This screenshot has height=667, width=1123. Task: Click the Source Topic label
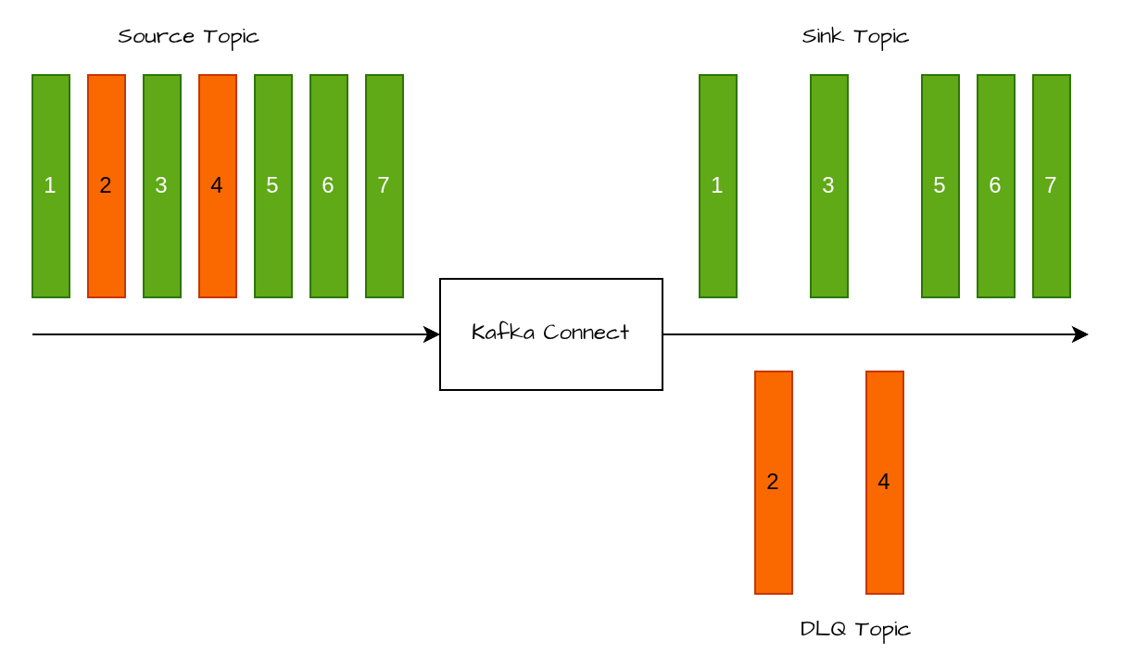tap(188, 37)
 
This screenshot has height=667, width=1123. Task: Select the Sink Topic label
tap(855, 37)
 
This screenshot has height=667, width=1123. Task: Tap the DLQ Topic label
tap(855, 629)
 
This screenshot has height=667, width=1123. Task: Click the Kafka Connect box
tap(551, 333)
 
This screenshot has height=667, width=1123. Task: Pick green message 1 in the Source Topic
tap(51, 185)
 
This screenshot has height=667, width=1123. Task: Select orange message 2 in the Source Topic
tap(107, 185)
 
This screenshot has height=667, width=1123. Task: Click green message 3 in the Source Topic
tap(162, 185)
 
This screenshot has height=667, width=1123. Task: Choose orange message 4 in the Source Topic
tap(218, 185)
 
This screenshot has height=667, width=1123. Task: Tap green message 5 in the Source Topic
tap(273, 185)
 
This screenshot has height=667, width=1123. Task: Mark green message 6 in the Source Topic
tap(329, 185)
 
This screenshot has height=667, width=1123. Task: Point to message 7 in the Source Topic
tap(385, 185)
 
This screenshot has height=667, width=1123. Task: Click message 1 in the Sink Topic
tap(718, 185)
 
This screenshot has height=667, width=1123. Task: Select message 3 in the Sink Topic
tap(829, 185)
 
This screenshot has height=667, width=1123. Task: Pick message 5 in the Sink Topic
tap(940, 185)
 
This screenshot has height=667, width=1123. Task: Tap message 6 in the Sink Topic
tap(996, 185)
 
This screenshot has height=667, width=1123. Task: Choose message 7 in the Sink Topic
tap(1052, 185)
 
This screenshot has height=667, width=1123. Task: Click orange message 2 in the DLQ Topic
tap(774, 482)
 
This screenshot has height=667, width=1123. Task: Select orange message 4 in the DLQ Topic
tap(885, 482)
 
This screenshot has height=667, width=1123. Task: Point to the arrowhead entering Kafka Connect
tap(432, 334)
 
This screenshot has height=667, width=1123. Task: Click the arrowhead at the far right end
tap(1080, 334)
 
